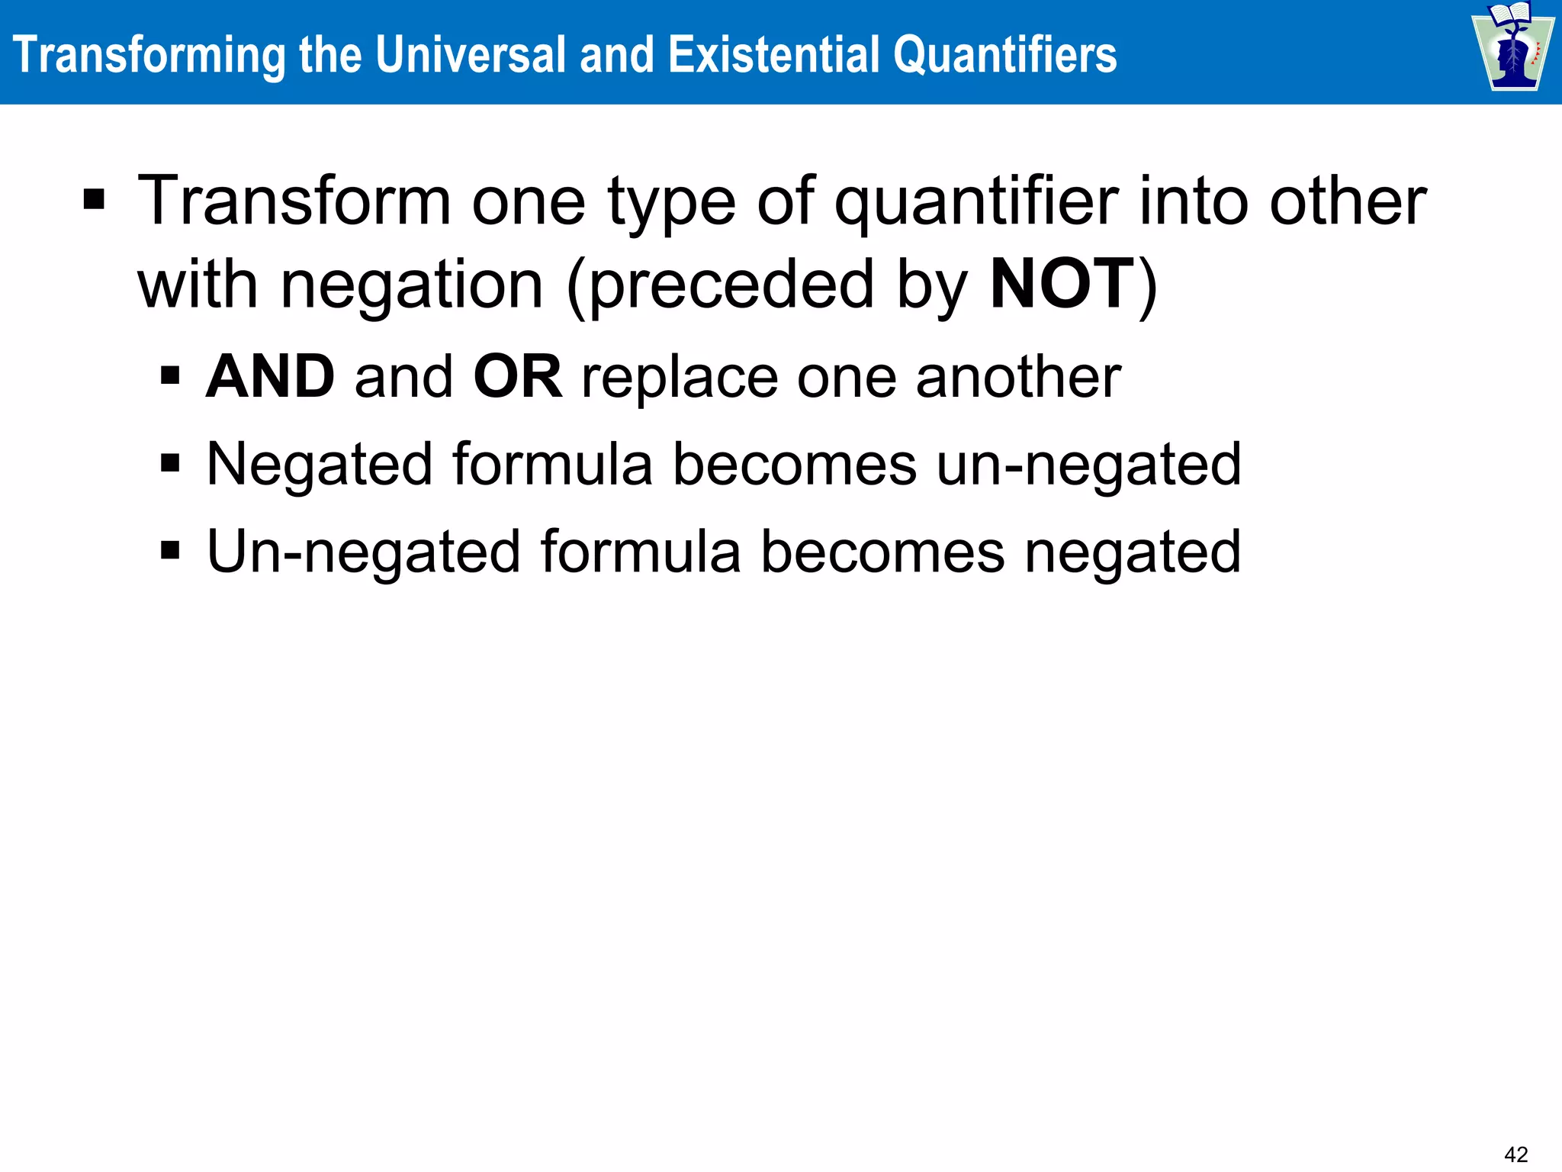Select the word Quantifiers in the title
1004,55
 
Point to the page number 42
1516,1154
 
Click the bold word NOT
1062,284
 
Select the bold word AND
270,377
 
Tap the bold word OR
518,377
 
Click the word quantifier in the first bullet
976,202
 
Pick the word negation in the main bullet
412,285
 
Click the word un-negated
1088,464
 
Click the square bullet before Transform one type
94,201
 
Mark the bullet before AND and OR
170,375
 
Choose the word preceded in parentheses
731,285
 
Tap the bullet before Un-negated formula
170,550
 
